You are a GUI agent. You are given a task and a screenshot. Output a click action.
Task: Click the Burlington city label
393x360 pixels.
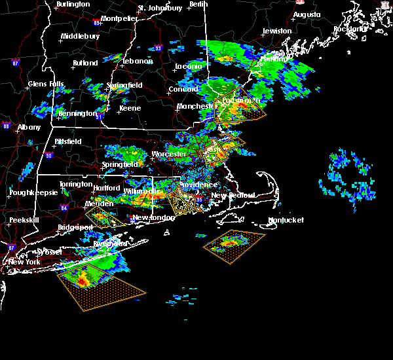pyautogui.click(x=73, y=5)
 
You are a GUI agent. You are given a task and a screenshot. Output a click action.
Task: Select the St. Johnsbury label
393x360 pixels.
pyautogui.click(x=160, y=9)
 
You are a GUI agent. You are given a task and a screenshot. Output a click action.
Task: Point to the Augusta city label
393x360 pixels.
pyautogui.click(x=307, y=14)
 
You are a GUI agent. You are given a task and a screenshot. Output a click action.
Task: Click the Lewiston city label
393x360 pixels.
pyautogui.click(x=276, y=31)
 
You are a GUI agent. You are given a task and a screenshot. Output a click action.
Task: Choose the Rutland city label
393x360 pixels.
pyautogui.click(x=85, y=63)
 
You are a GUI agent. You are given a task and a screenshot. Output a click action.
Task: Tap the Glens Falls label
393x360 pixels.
pyautogui.click(x=46, y=84)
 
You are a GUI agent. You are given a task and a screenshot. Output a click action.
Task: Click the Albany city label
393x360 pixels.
pyautogui.click(x=29, y=128)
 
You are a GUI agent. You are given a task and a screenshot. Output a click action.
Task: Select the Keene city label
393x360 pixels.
pyautogui.click(x=130, y=109)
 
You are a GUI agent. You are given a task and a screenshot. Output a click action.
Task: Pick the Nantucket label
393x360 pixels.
pyautogui.click(x=286, y=221)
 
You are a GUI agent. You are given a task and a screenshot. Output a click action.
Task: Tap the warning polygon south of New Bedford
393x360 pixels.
pyautogui.click(x=234, y=246)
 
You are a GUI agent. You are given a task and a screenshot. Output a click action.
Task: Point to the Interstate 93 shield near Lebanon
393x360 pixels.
pyautogui.click(x=158, y=48)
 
